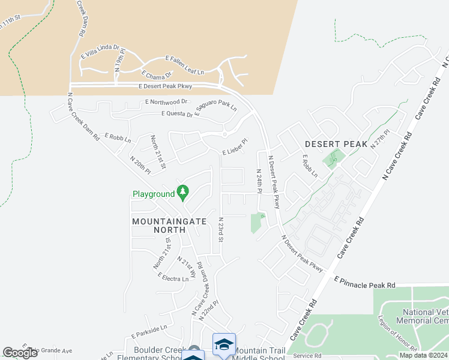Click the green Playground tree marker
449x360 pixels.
coord(183,193)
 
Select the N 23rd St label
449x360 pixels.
coord(221,230)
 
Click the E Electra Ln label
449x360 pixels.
coord(173,278)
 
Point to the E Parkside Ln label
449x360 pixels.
coord(146,329)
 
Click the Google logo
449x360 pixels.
coord(20,353)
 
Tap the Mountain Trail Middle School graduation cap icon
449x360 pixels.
coord(224,344)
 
